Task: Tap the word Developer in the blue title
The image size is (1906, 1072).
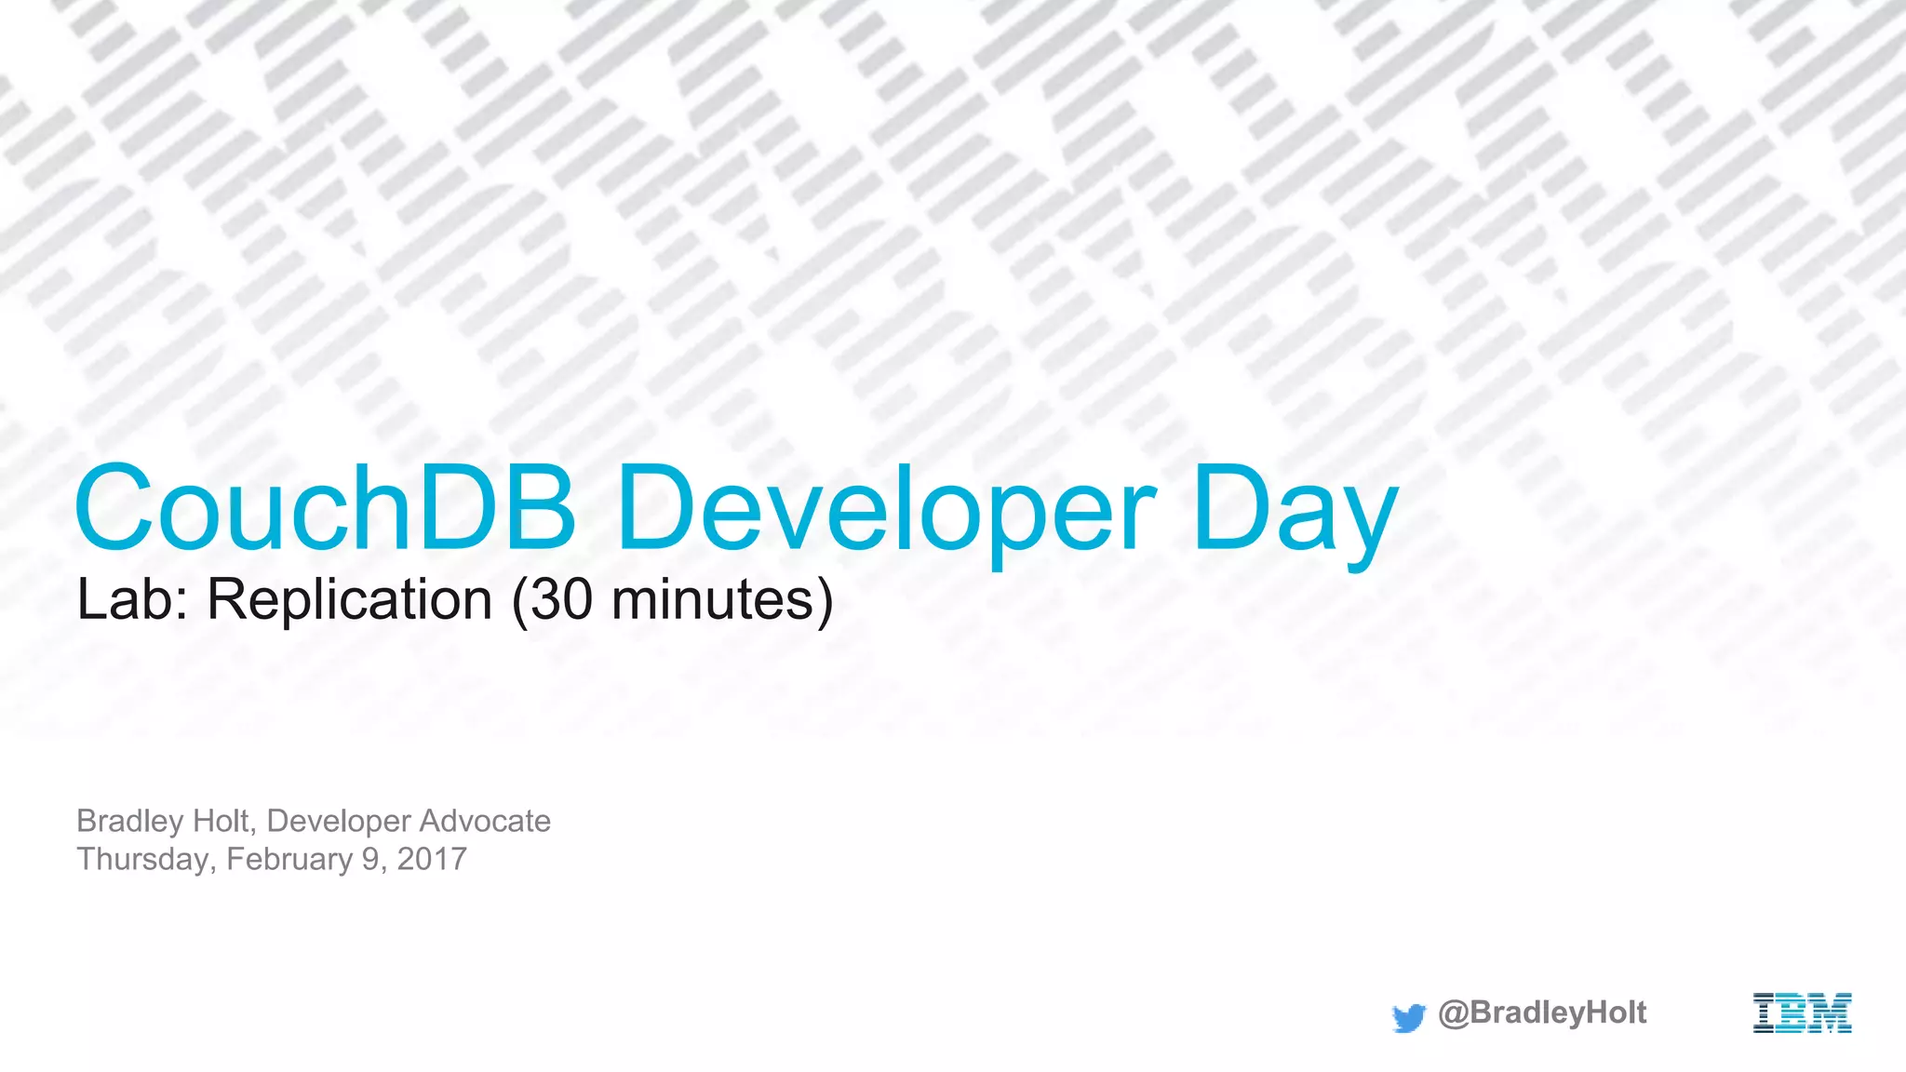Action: coord(884,512)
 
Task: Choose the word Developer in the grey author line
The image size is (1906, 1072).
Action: coord(338,821)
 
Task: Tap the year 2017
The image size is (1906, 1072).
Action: coord(432,859)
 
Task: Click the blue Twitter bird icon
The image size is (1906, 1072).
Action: coord(1409,1017)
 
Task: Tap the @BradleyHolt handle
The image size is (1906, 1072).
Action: coord(1542,1012)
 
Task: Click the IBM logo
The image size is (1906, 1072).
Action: coord(1802,1013)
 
